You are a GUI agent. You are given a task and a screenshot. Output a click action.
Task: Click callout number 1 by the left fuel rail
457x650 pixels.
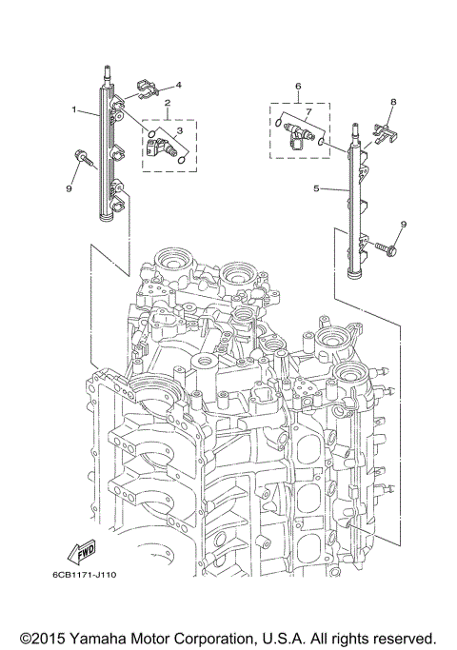[73, 110]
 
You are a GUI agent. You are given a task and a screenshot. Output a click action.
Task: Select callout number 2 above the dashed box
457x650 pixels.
[167, 103]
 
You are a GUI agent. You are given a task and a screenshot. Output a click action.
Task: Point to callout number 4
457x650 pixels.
[178, 85]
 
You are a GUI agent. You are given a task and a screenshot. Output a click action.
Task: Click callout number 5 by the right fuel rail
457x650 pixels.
[316, 188]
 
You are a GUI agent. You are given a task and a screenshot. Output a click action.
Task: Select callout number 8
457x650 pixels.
[392, 101]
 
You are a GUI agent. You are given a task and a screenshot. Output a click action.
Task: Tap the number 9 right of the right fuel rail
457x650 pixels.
[403, 225]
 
